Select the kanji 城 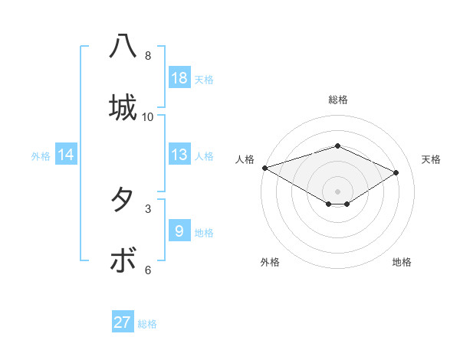tap(123, 106)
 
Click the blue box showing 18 tap(179, 78)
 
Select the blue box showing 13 tap(179, 155)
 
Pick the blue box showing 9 tap(179, 231)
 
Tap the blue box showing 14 tap(66, 155)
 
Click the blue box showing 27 tap(123, 322)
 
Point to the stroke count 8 tap(148, 56)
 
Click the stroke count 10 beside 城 tap(148, 117)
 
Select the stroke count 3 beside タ tap(148, 208)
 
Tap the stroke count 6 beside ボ tap(148, 270)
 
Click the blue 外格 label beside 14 tap(41, 156)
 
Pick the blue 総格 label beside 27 tap(147, 324)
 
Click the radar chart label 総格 tap(338, 100)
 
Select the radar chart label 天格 tap(432, 159)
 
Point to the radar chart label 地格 tap(402, 262)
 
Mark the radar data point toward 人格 tap(264, 167)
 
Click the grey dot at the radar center tap(338, 191)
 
